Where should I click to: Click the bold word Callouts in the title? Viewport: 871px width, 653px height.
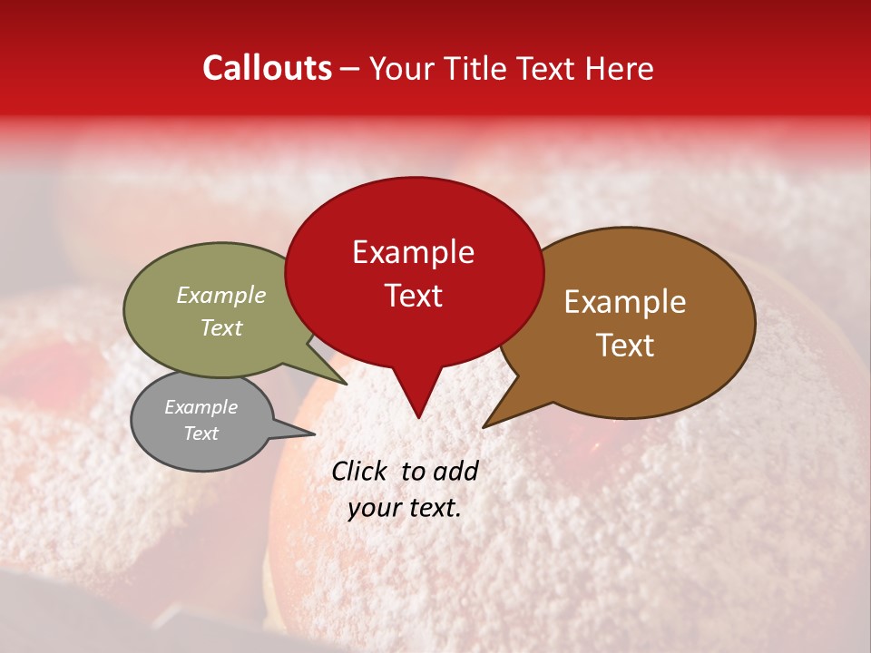[x=267, y=68]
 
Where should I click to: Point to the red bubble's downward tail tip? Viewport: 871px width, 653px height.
[x=418, y=417]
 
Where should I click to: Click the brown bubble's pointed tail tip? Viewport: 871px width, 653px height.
[x=484, y=426]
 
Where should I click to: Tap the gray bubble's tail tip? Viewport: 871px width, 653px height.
[x=315, y=433]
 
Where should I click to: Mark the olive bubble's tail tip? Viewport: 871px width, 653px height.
[x=347, y=384]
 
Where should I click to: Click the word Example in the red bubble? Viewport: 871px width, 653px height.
[x=414, y=252]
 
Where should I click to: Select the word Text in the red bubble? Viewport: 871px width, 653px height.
[x=414, y=296]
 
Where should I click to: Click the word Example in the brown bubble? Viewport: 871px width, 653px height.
[x=625, y=302]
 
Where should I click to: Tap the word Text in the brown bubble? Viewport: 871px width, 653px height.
[x=625, y=346]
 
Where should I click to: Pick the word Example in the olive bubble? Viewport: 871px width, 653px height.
[x=220, y=295]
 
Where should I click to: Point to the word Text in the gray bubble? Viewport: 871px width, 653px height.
[x=201, y=434]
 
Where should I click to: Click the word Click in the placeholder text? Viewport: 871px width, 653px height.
[x=361, y=471]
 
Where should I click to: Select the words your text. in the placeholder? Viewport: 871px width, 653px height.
[x=404, y=508]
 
